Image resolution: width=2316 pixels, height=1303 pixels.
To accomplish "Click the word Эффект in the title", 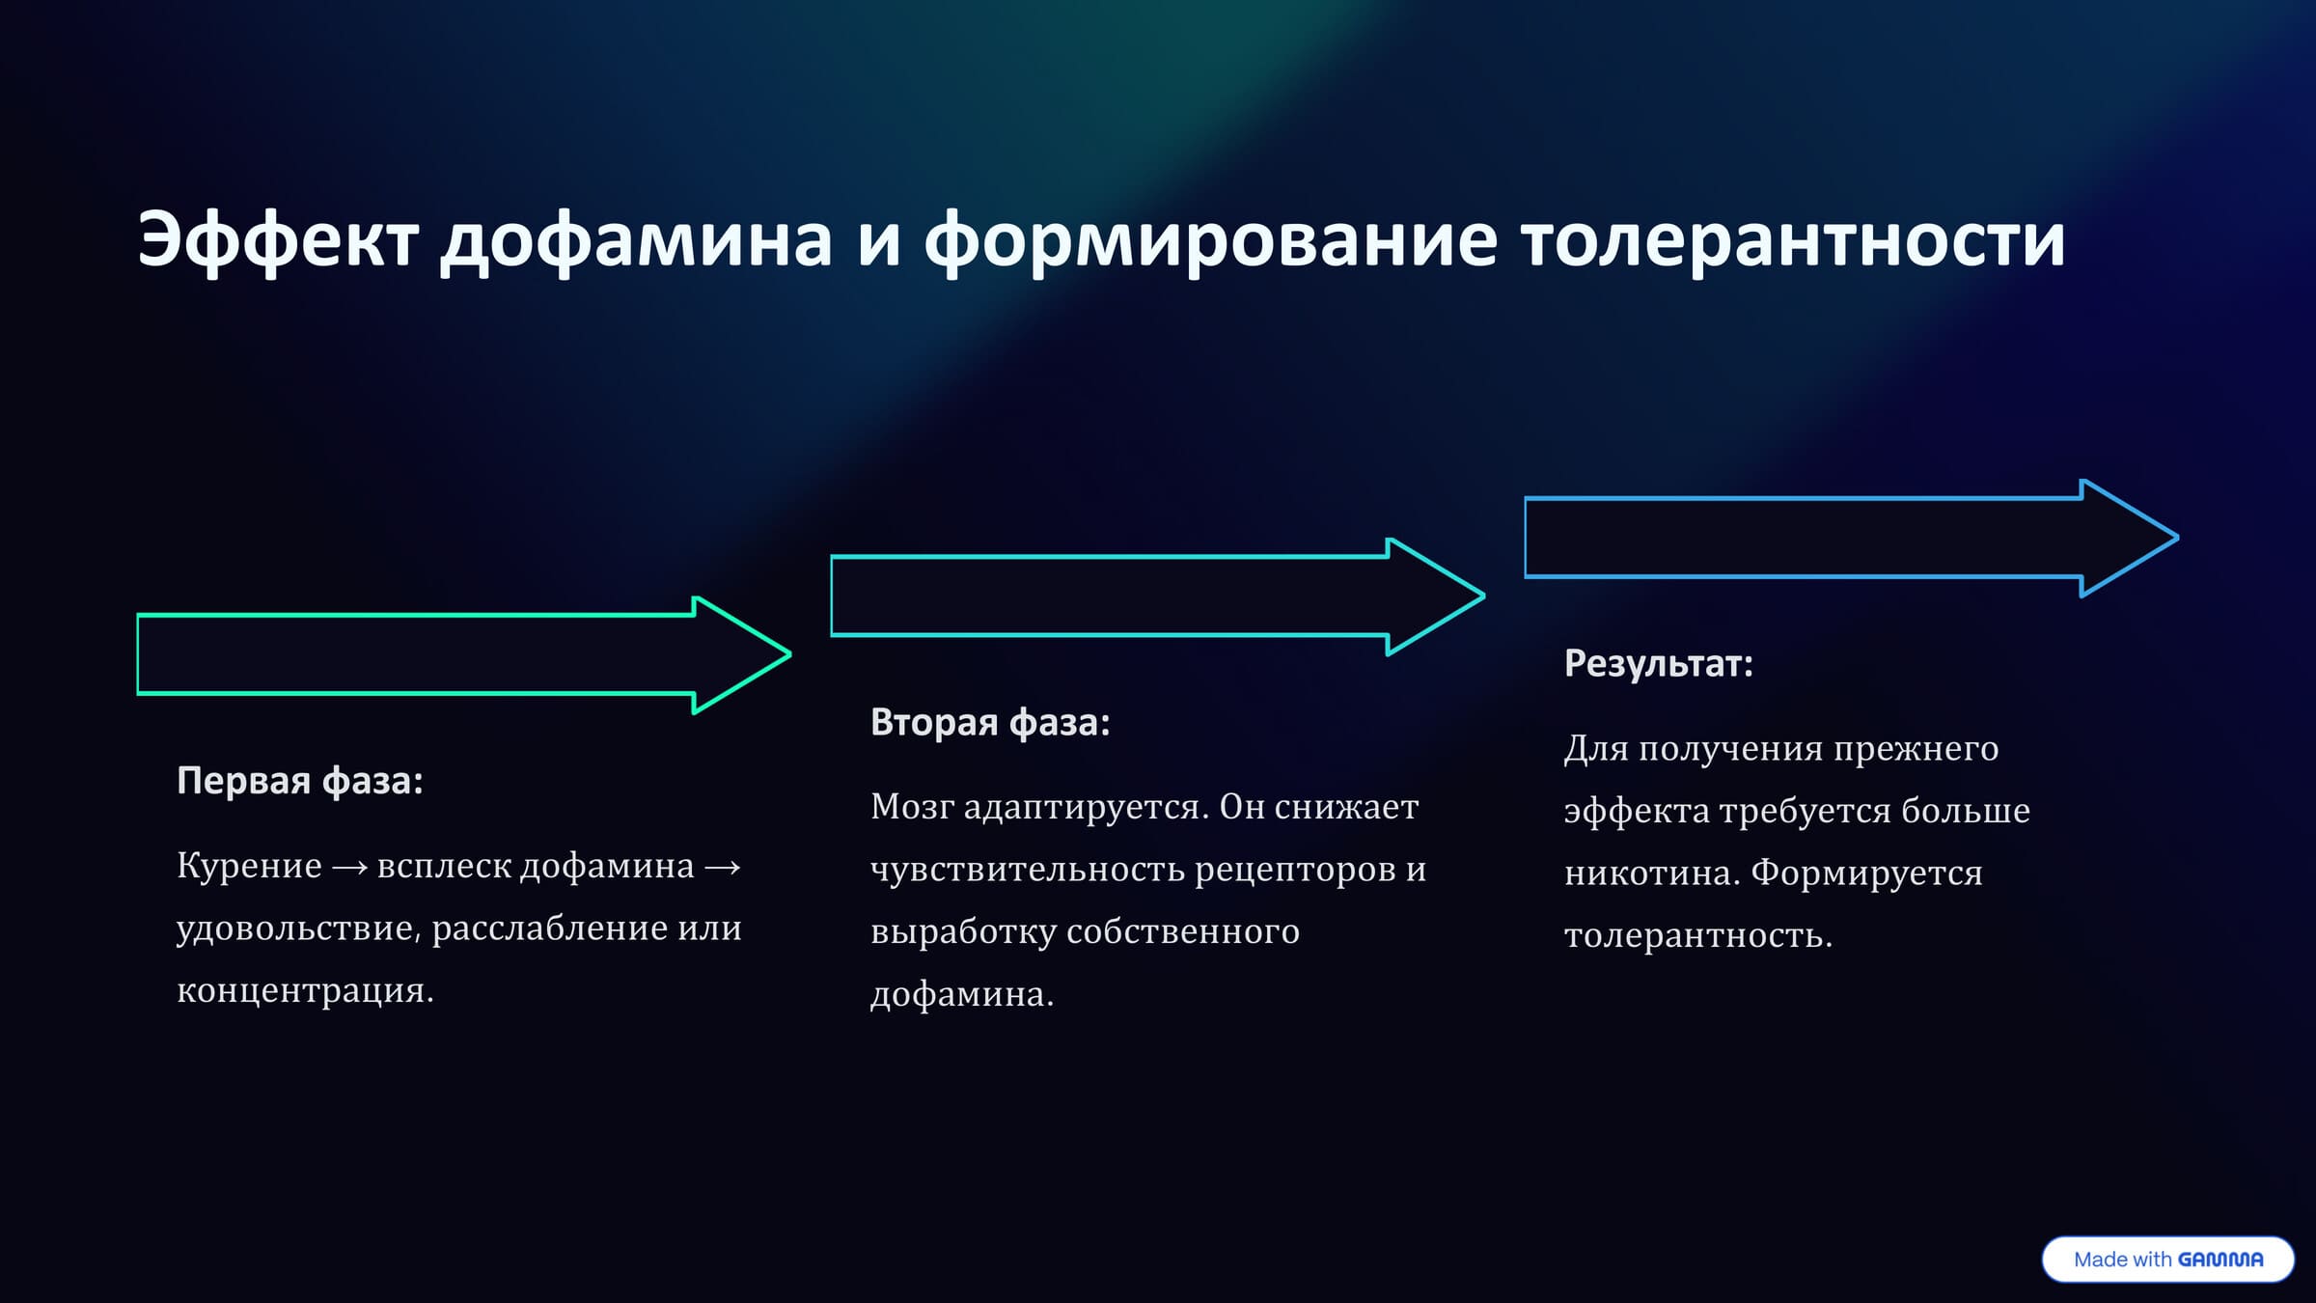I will [x=278, y=240].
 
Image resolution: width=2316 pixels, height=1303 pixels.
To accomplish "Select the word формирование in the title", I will [x=1210, y=240].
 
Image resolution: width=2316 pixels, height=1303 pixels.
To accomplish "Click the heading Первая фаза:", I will [x=300, y=781].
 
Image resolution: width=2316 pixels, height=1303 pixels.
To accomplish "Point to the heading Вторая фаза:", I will [x=990, y=722].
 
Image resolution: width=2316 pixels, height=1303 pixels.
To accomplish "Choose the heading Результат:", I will [x=1658, y=663].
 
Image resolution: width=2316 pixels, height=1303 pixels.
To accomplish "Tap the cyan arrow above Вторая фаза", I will [x=1155, y=596].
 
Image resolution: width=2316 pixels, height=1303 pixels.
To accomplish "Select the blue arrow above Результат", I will [x=1849, y=538].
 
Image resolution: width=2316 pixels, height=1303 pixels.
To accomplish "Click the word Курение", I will [x=249, y=866].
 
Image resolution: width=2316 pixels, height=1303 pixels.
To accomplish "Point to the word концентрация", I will [x=304, y=990].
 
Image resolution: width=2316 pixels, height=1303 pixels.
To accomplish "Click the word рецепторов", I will [x=1292, y=870].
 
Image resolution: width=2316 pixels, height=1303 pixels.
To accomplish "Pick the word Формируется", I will [x=1866, y=873].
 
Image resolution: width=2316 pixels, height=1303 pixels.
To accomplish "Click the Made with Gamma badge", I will [x=2167, y=1260].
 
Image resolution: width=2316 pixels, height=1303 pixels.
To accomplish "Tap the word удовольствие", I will [x=298, y=929].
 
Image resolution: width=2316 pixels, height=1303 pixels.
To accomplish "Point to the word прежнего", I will [x=1916, y=748].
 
